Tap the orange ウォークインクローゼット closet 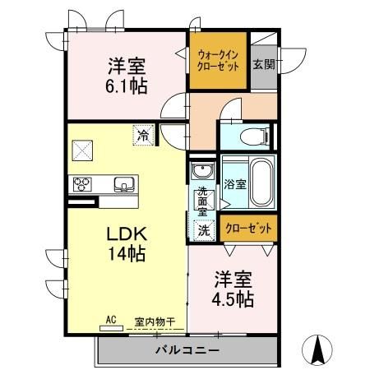[218, 61]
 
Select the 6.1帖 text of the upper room [127, 85]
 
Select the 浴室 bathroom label [235, 184]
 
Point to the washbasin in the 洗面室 [201, 172]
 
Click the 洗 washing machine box [203, 231]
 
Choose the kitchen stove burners [81, 183]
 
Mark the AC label [110, 321]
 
